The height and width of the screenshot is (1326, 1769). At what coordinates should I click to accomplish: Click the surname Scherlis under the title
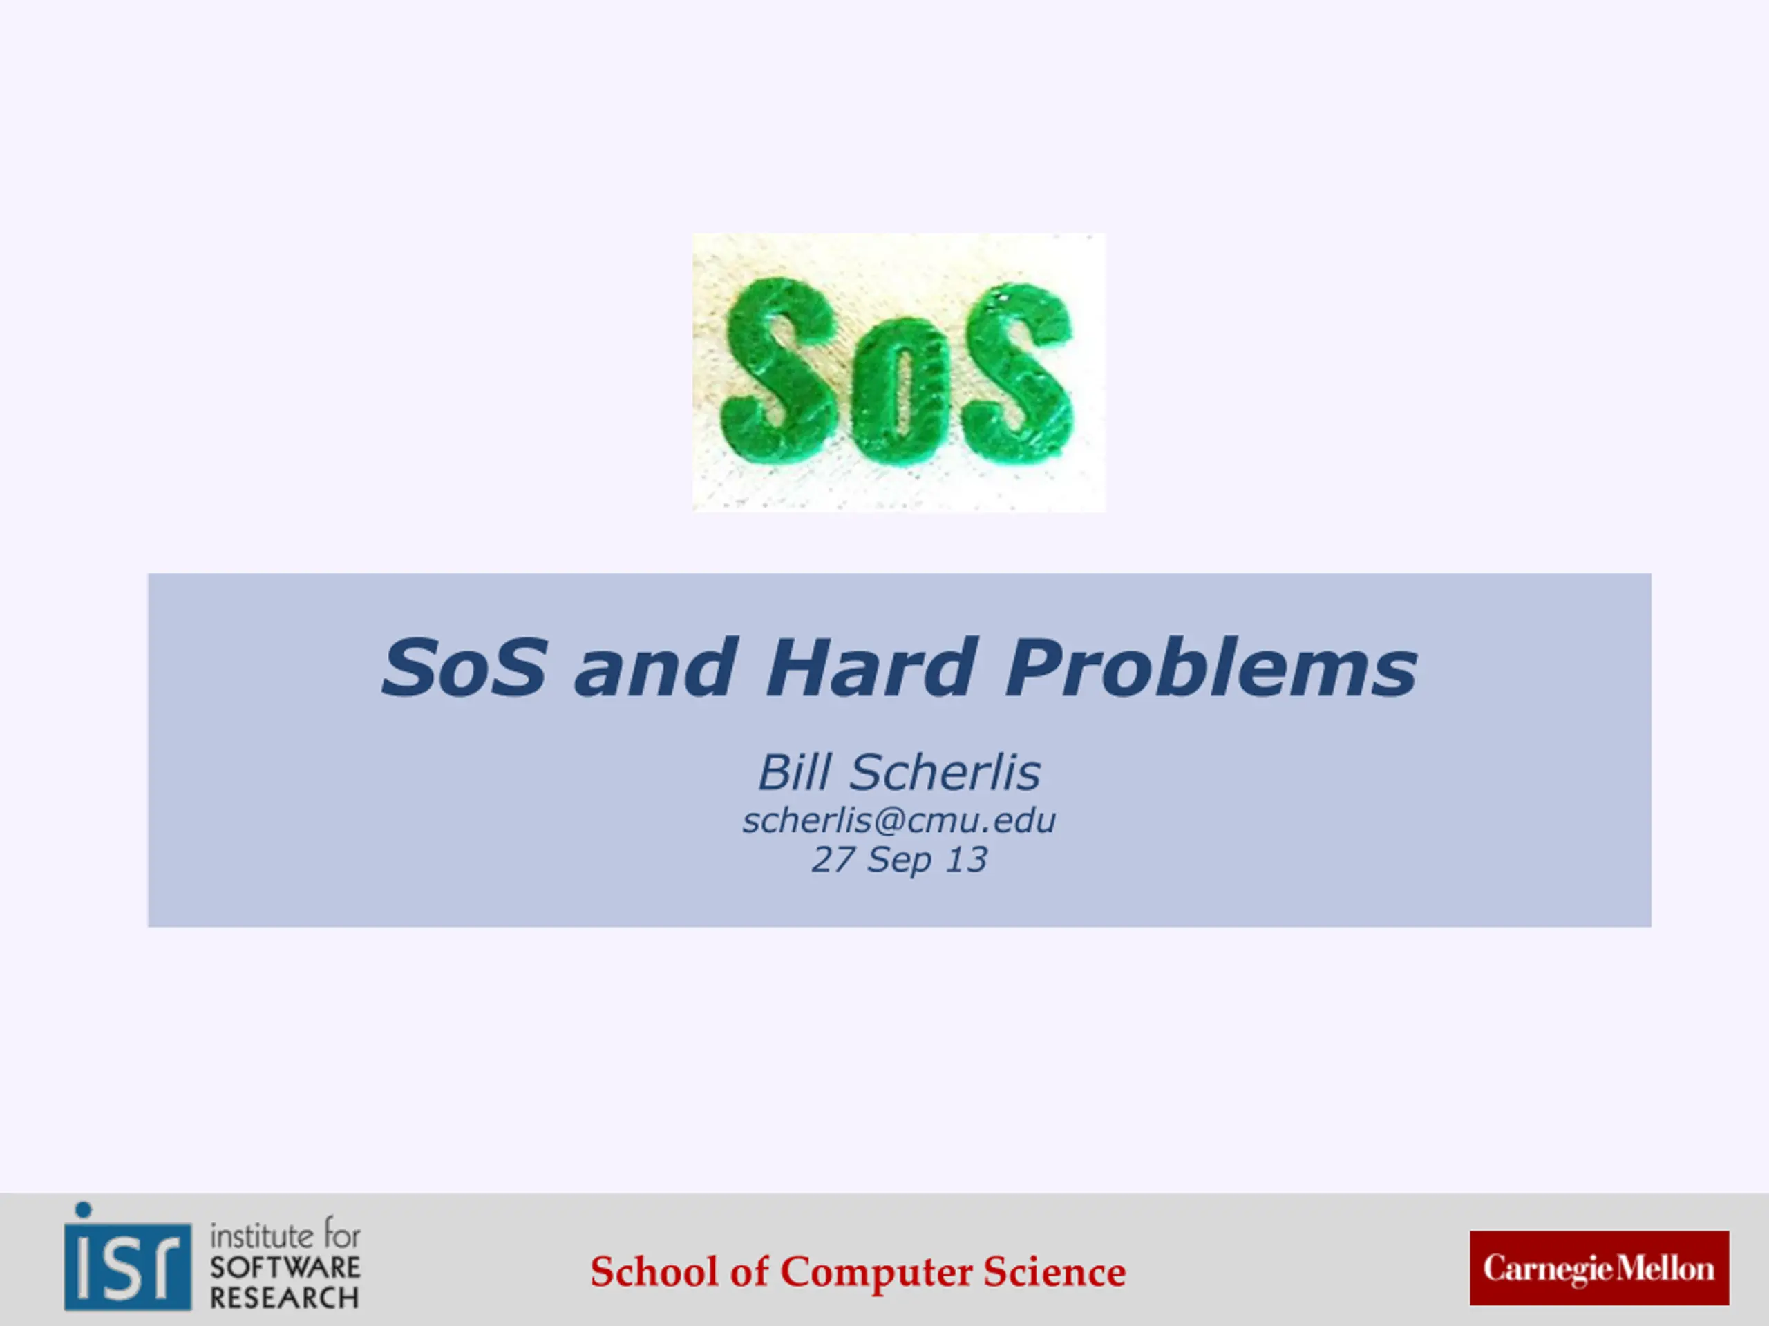pos(945,772)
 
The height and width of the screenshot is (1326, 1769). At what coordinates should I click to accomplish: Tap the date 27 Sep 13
pos(899,859)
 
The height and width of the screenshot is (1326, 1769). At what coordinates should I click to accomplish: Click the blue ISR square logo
pos(128,1266)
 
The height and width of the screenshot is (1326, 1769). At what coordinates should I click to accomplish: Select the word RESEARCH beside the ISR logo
pos(284,1298)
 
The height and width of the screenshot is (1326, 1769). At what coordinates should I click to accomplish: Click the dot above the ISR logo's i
pos(83,1209)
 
